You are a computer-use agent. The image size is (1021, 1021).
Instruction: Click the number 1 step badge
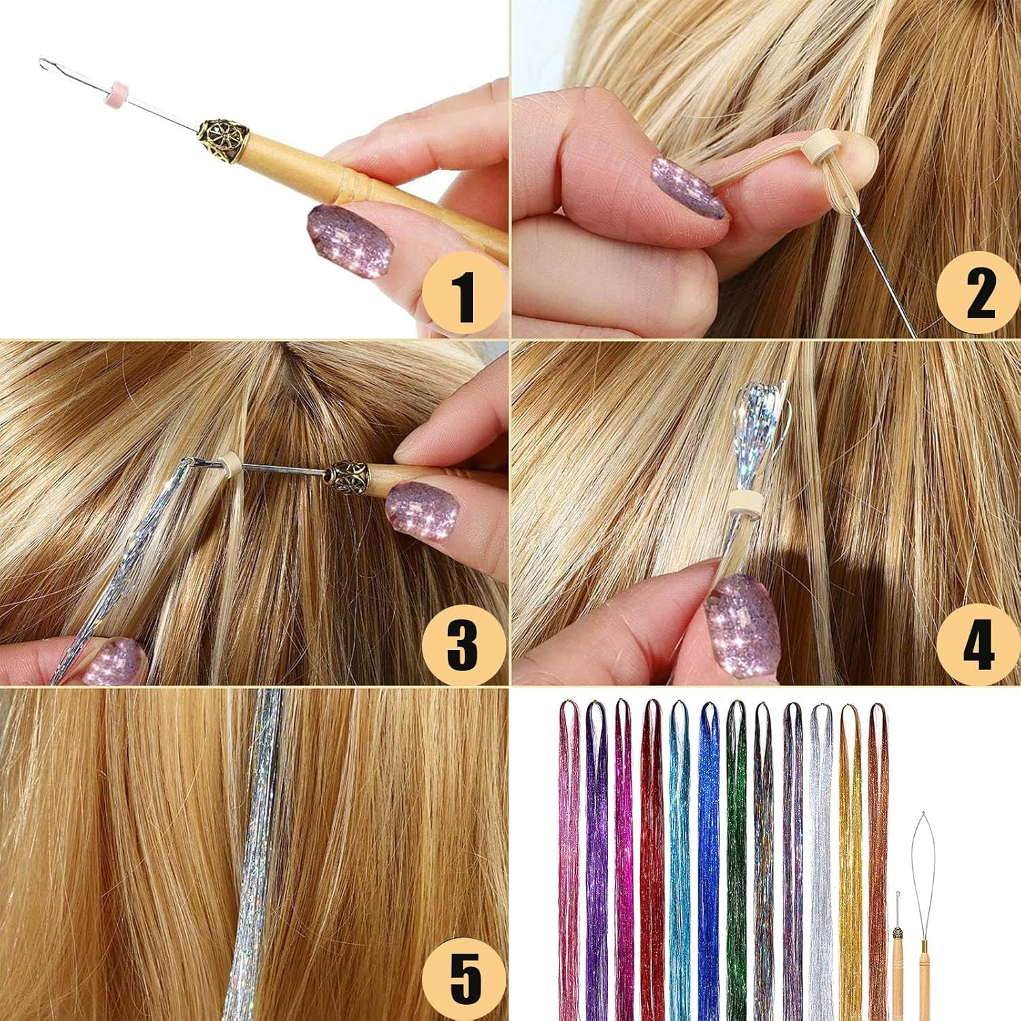465,295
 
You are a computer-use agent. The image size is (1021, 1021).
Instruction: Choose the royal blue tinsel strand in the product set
709,851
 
